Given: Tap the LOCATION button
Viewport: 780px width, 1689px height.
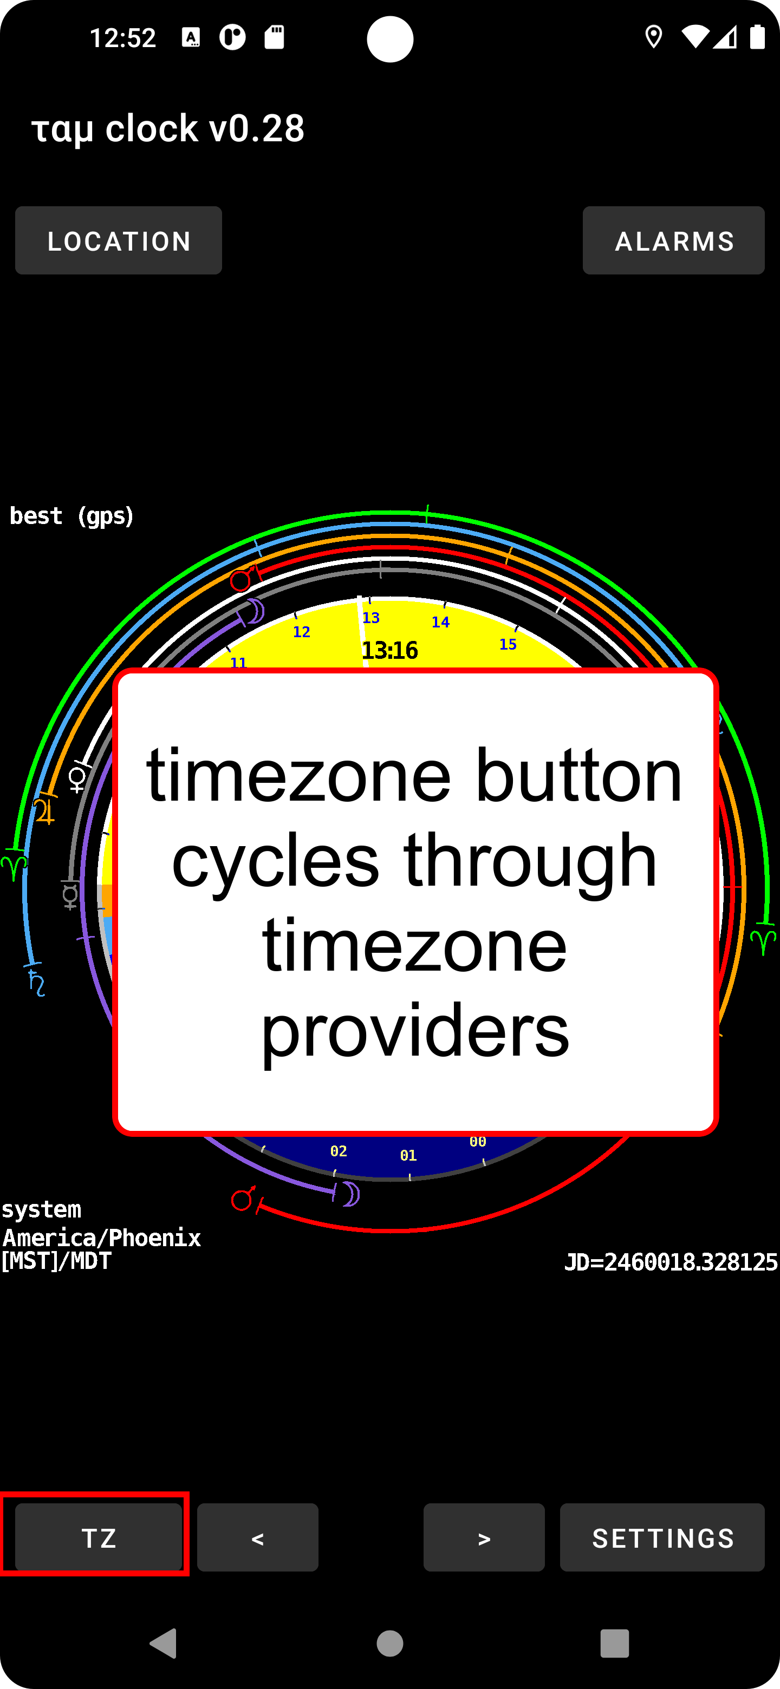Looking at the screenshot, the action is pyautogui.click(x=118, y=241).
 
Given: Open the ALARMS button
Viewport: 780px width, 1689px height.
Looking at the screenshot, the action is pyautogui.click(x=673, y=241).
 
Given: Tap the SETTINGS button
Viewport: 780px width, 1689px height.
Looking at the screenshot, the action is pyautogui.click(x=662, y=1537).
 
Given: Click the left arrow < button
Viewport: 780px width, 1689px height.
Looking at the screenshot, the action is pyautogui.click(x=257, y=1537).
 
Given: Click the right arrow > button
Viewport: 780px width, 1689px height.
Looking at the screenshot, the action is pyautogui.click(x=484, y=1537).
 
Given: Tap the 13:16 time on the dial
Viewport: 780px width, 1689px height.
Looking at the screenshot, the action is pyautogui.click(x=389, y=650).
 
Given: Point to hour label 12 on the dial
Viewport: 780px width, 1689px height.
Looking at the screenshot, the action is pyautogui.click(x=301, y=632).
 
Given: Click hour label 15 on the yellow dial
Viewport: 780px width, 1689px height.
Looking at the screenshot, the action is pyautogui.click(x=508, y=645).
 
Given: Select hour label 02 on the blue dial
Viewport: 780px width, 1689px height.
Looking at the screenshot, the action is pyautogui.click(x=339, y=1151).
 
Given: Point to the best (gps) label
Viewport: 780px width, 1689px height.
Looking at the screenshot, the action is pyautogui.click(x=71, y=516).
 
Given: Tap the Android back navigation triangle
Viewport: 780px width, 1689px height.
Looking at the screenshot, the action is pyautogui.click(x=164, y=1643).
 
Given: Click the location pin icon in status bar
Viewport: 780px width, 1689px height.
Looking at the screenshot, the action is pyautogui.click(x=653, y=37).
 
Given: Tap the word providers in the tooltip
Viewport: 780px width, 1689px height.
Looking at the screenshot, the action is pyautogui.click(x=414, y=1031).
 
